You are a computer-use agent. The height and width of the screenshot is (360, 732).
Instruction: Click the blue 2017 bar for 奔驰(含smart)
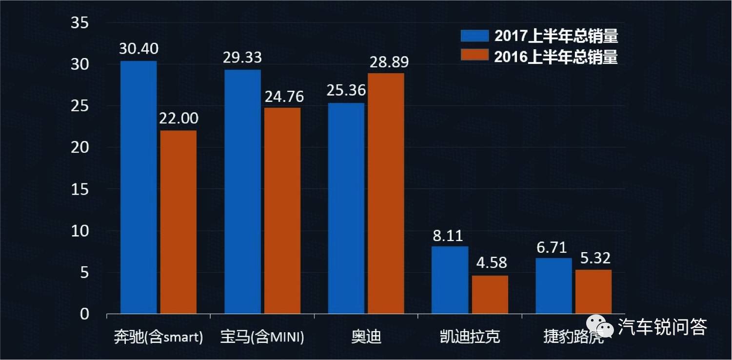[x=138, y=187]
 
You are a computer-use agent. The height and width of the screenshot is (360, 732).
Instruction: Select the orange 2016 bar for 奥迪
[x=386, y=193]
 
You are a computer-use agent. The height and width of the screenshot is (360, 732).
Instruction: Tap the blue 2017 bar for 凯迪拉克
[x=450, y=280]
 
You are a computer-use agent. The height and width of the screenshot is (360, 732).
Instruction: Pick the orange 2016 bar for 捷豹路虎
[x=593, y=292]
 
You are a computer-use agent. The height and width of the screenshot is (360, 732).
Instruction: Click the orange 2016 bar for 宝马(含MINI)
[x=282, y=211]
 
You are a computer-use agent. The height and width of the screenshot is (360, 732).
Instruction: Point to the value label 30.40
[x=139, y=49]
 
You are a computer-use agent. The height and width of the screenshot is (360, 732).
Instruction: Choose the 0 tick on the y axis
[x=84, y=314]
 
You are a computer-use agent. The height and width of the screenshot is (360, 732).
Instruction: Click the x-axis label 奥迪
[x=366, y=337]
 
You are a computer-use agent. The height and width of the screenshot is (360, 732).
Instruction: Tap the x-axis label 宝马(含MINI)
[x=262, y=337]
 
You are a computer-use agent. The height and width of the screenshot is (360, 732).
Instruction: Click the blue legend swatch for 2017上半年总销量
[x=475, y=36]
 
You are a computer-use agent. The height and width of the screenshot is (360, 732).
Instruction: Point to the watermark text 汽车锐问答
[x=662, y=327]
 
